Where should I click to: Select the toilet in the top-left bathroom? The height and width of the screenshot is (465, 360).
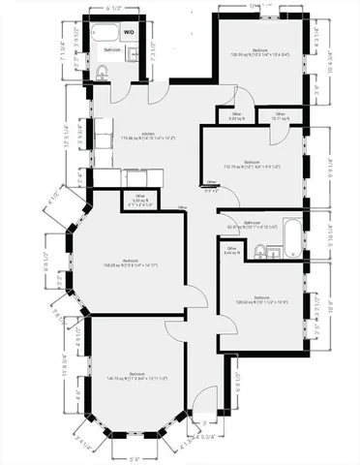click(103, 71)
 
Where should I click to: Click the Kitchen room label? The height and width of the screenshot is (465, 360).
click(148, 137)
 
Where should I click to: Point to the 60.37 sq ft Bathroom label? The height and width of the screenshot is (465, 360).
click(253, 225)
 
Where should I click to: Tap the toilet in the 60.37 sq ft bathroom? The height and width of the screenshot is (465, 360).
click(259, 252)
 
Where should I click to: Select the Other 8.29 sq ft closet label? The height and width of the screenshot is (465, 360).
click(236, 116)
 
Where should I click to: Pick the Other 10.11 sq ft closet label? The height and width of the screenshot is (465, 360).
click(280, 116)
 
